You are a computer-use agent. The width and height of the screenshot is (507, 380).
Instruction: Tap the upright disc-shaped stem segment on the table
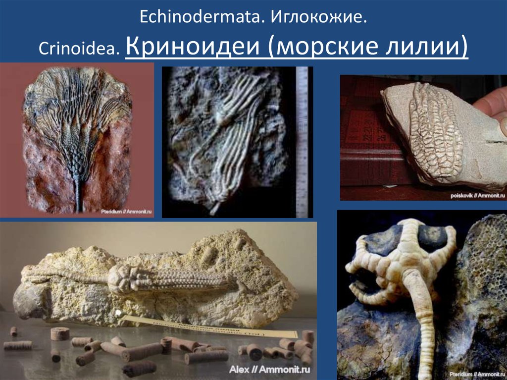pyautogui.click(x=59, y=334)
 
